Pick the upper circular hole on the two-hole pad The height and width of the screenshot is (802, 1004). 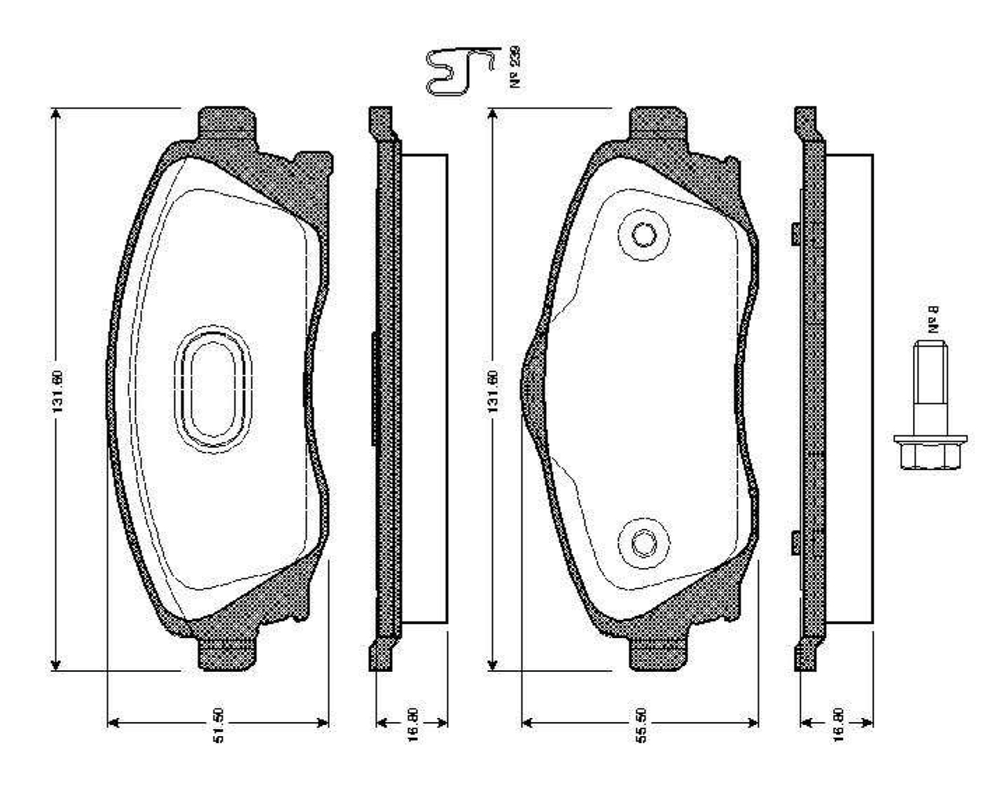644,235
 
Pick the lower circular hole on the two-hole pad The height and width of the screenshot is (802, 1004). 644,542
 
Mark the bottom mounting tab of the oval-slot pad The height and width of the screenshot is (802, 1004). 227,653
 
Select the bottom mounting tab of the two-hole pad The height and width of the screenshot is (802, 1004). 661,653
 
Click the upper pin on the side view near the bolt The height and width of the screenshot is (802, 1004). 795,233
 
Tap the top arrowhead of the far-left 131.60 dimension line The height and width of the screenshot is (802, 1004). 56,115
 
